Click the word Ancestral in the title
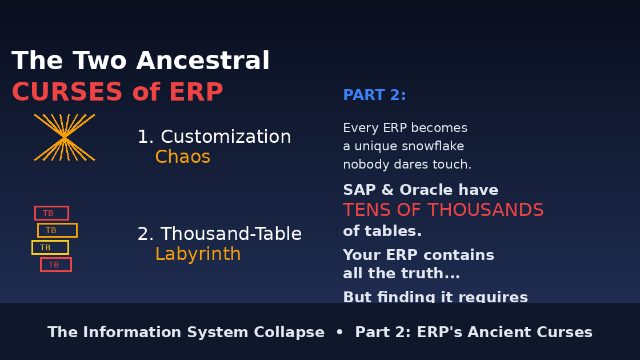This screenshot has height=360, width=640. (x=203, y=61)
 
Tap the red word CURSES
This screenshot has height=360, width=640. (x=67, y=93)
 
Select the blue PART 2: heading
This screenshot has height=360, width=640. (x=374, y=95)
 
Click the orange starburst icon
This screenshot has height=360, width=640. (x=65, y=138)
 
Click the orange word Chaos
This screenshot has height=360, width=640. (x=182, y=157)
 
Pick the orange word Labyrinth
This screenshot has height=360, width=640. (x=198, y=254)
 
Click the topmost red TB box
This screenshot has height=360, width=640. (x=51, y=213)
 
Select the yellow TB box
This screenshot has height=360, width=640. (x=50, y=247)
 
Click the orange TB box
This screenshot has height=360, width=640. (x=57, y=230)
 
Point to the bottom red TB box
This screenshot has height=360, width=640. (x=55, y=265)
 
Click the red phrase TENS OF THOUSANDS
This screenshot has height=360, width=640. (x=443, y=210)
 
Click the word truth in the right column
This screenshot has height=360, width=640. (x=421, y=274)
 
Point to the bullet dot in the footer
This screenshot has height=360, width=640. (x=339, y=333)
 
